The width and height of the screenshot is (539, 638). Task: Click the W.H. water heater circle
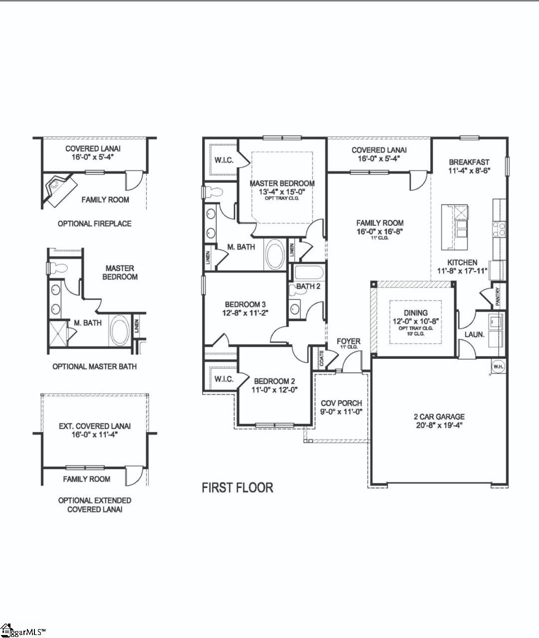click(x=498, y=366)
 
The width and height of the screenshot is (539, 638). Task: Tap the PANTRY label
click(x=498, y=297)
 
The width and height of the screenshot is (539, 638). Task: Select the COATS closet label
click(x=321, y=358)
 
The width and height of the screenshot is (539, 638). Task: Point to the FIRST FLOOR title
click(x=238, y=487)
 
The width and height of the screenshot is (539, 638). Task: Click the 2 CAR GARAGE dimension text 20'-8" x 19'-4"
click(x=439, y=425)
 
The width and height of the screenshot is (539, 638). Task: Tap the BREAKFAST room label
click(x=469, y=162)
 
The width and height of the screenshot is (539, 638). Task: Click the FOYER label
click(x=348, y=341)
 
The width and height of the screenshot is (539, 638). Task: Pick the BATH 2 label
click(x=308, y=286)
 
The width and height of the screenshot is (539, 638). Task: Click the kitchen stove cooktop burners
click(x=499, y=229)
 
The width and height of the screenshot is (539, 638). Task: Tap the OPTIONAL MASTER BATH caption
click(x=94, y=366)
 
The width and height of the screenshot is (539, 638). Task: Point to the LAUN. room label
click(x=475, y=334)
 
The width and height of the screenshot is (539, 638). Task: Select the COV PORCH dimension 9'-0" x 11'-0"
click(x=341, y=412)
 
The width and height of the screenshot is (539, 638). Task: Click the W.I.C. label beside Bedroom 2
click(x=224, y=379)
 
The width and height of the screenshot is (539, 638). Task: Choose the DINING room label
click(x=415, y=313)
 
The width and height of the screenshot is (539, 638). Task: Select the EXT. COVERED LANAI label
click(x=95, y=426)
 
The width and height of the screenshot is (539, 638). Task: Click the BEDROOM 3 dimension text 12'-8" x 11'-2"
click(x=246, y=313)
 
